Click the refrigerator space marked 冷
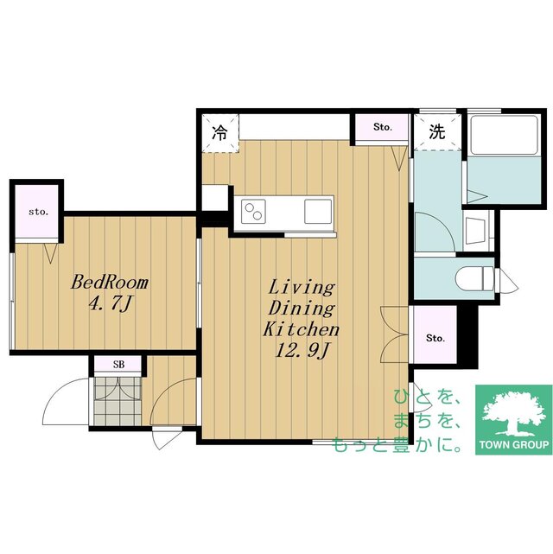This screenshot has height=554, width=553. coord(220,133)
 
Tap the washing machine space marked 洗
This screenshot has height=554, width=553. coord(437,131)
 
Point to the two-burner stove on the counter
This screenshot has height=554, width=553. coord(253,211)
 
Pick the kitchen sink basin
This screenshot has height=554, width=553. coord(318,211)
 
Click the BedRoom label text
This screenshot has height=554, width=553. coord(110,283)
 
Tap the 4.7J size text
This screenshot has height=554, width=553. coord(111,304)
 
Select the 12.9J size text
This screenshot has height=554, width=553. coord(302,351)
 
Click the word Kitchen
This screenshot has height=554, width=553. coord(302,329)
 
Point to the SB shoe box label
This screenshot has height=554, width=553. coord(118,365)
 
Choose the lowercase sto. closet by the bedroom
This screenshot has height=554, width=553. coord(37,212)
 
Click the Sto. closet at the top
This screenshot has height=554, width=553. coord(382,127)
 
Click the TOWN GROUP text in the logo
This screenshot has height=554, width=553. coord(514,444)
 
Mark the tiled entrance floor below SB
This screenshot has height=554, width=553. coord(118,401)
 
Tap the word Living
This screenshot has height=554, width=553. coord(302,288)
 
